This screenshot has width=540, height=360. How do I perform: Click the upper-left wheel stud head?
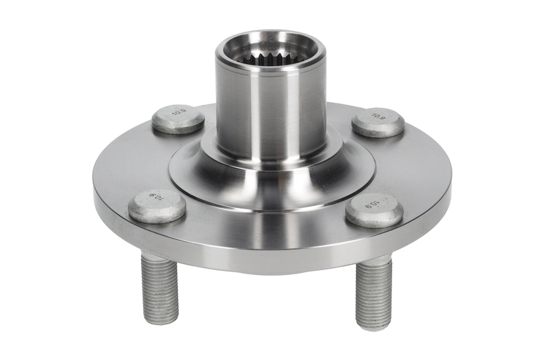coord(178,119)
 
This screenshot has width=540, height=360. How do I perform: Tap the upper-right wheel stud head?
coord(379,122)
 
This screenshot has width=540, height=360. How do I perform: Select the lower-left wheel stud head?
coord(157,205)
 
